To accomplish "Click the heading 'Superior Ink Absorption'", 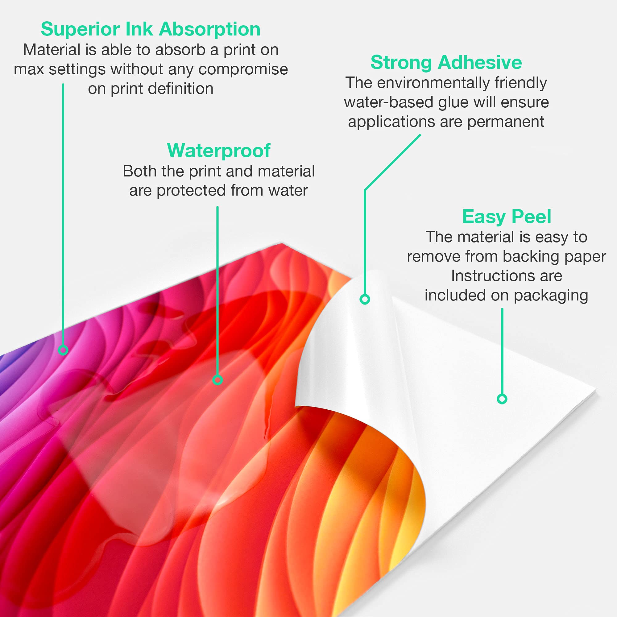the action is click(151, 29).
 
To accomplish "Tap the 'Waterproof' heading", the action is click(219, 151).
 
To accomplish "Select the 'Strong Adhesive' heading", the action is click(446, 62).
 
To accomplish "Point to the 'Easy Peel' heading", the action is click(507, 217).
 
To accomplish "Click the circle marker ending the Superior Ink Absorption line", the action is click(63, 350).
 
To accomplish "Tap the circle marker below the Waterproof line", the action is click(217, 380).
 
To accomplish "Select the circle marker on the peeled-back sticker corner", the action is click(365, 299).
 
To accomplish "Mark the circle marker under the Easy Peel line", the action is click(502, 399).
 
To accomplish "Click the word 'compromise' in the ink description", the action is click(243, 70).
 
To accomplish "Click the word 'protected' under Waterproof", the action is click(191, 191).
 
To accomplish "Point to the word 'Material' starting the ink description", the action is click(52, 50).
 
